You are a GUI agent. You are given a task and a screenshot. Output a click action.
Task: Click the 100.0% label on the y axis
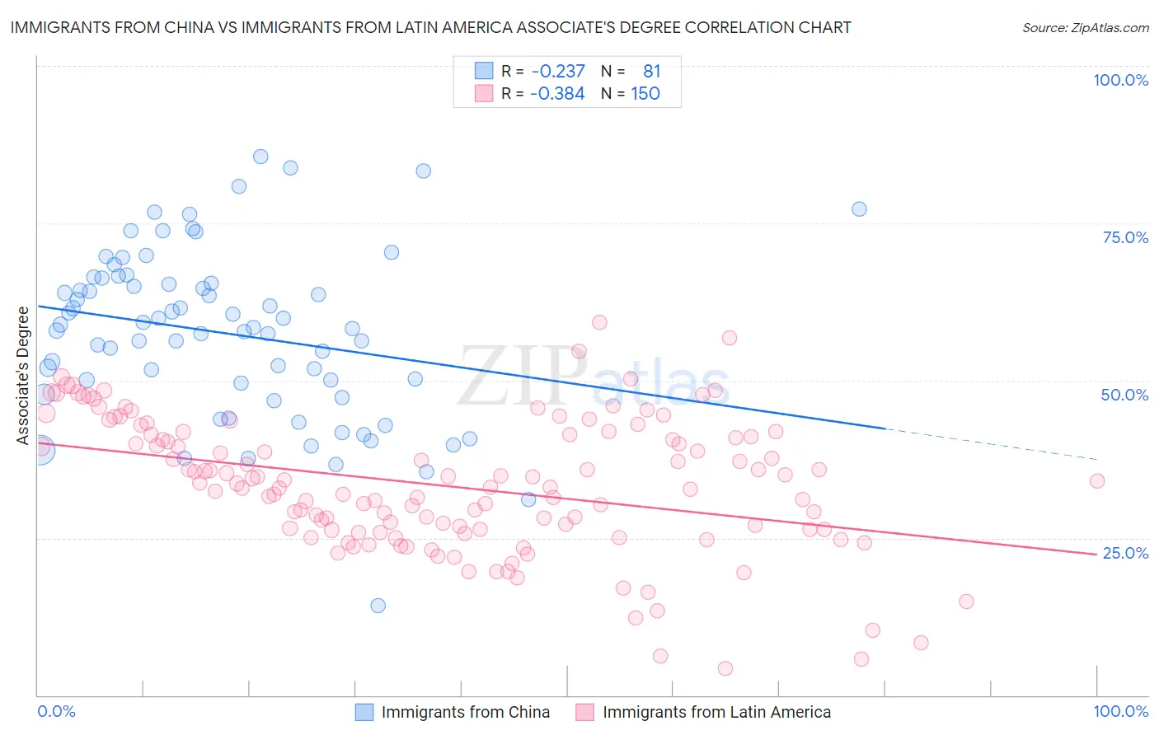click(x=1120, y=80)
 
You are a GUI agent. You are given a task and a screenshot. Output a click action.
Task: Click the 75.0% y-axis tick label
click(x=1125, y=237)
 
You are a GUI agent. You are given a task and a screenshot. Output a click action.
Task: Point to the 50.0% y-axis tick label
click(x=1124, y=395)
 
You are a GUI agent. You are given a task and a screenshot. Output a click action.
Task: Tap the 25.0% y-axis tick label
click(x=1125, y=553)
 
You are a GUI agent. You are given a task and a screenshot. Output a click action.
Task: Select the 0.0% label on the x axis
click(x=56, y=711)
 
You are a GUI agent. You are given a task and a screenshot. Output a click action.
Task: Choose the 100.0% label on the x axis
click(x=1120, y=711)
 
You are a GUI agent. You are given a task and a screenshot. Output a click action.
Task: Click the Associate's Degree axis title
click(x=23, y=375)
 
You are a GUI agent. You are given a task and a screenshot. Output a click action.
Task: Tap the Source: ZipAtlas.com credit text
click(x=1085, y=27)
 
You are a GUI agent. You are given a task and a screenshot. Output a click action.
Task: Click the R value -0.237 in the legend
click(x=557, y=72)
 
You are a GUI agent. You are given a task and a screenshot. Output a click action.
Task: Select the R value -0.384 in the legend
click(x=557, y=94)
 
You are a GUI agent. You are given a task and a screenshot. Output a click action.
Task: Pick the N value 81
click(x=651, y=72)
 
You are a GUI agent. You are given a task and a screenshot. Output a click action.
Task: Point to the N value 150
click(x=645, y=94)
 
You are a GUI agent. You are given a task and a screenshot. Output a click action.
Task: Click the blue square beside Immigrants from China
click(x=364, y=712)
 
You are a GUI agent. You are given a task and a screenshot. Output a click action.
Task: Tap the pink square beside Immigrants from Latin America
click(x=584, y=712)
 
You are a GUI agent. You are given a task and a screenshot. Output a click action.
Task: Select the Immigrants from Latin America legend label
click(x=716, y=712)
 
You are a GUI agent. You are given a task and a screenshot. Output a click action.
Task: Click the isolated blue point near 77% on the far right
click(x=859, y=209)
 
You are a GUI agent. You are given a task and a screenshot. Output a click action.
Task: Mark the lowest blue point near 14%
click(x=378, y=606)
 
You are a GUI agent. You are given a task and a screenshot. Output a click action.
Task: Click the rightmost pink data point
click(x=1096, y=481)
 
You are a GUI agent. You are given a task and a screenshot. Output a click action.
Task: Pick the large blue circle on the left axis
click(x=40, y=450)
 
